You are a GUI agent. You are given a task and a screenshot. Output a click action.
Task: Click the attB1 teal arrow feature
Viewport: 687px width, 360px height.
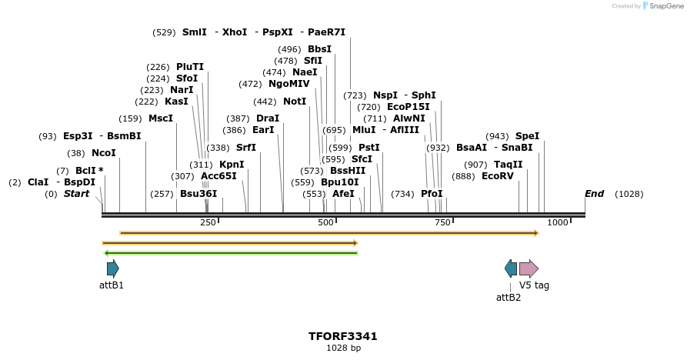[x=113, y=268]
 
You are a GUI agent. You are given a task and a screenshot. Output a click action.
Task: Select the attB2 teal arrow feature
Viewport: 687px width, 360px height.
[x=511, y=268]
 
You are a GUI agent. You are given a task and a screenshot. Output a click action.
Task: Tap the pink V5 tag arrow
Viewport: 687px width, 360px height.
[x=529, y=268]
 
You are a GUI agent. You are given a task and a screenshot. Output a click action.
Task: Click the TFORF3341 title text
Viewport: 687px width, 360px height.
[x=342, y=336]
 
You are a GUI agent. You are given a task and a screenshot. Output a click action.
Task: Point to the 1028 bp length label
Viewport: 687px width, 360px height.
[x=342, y=348]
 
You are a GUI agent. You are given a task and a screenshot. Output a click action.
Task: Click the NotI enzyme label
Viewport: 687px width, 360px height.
[x=295, y=102]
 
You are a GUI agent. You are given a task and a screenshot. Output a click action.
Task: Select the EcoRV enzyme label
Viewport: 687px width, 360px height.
[x=497, y=176]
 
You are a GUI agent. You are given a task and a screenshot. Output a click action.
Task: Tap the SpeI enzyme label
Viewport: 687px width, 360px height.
[x=527, y=136]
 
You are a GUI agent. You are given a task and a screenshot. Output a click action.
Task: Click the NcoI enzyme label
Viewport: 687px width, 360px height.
[x=103, y=153]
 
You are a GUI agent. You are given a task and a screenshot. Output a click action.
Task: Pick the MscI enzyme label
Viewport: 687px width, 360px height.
[x=161, y=118]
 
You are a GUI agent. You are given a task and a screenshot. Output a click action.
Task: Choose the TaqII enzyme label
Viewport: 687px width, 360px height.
[x=508, y=165]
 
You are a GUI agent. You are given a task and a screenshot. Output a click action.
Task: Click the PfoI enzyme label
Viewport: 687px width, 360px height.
[x=432, y=194]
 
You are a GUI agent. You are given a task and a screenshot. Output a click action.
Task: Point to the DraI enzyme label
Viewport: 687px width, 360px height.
[x=268, y=118]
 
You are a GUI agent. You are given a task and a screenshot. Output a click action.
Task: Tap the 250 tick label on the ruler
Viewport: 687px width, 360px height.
[x=208, y=222]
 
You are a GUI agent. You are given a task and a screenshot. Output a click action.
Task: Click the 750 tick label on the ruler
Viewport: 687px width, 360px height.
[x=442, y=222]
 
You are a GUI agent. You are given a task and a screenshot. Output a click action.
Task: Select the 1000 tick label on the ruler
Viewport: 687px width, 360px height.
[x=558, y=222]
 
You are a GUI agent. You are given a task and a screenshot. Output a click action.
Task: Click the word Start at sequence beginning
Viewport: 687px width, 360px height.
[x=76, y=194]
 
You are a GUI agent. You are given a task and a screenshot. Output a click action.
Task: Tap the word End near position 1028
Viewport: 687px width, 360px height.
[x=594, y=194]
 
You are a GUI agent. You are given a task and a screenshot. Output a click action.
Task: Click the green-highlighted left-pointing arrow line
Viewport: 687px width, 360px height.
[x=231, y=252]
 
